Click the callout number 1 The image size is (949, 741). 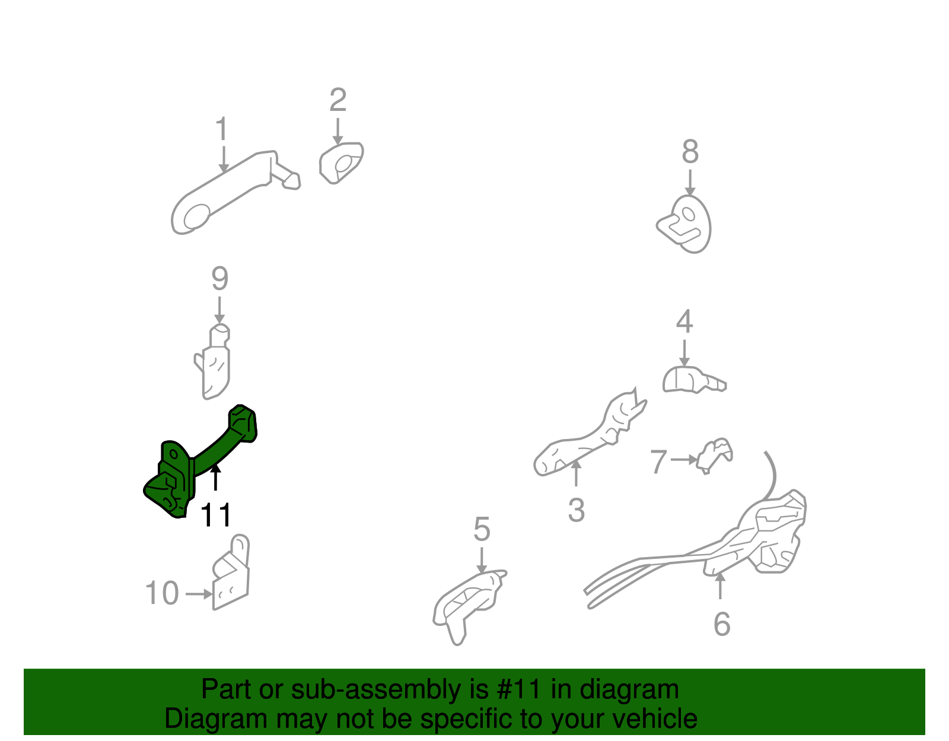[222, 128]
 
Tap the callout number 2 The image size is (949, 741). [338, 100]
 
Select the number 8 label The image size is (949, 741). [690, 151]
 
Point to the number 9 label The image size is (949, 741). [219, 279]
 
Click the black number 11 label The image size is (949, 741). [216, 515]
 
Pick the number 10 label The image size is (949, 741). [161, 593]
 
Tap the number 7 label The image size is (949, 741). [658, 462]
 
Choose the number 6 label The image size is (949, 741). [722, 624]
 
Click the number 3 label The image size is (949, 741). [577, 510]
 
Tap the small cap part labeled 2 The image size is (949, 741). [341, 163]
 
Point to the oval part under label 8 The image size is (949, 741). [685, 224]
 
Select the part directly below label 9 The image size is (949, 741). [213, 361]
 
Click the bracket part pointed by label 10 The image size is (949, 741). [231, 572]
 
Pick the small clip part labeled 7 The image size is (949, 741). [714, 456]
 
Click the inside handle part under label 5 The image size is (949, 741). [470, 607]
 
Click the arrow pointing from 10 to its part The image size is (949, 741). [199, 594]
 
